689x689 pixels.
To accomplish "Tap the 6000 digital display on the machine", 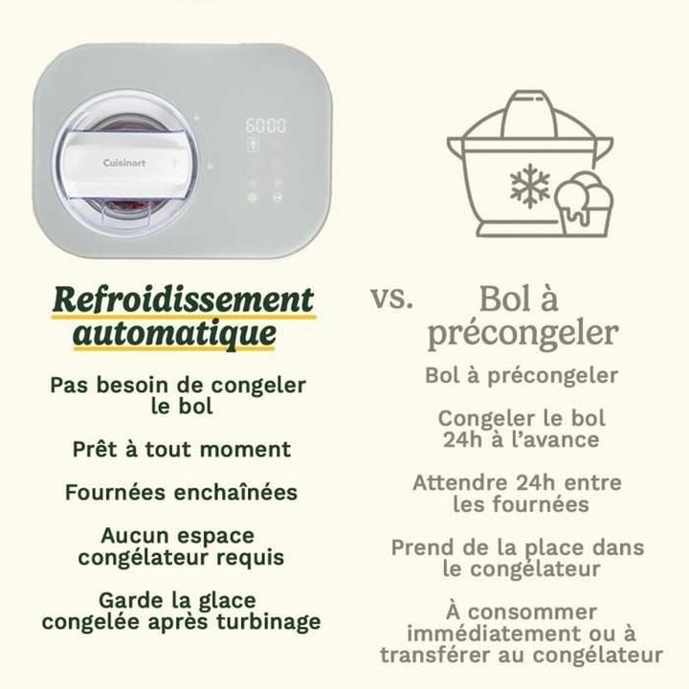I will click(267, 126).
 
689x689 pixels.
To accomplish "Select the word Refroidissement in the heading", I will click(183, 300).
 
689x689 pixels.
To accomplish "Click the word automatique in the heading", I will click(175, 335).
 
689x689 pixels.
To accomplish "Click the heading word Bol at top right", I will click(506, 299).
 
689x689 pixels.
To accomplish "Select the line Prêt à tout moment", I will click(182, 449).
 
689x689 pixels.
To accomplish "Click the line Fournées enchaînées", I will click(182, 493).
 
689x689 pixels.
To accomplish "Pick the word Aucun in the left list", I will click(132, 536).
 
